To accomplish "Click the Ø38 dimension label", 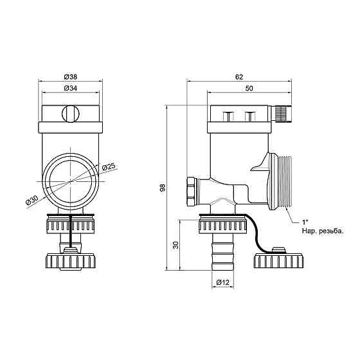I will click(71, 75).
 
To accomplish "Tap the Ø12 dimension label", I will click(223, 282).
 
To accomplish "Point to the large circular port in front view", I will click(71, 179).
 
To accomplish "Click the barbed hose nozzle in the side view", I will click(223, 255).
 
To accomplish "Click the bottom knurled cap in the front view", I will click(71, 261).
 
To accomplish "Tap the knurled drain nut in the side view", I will click(223, 226).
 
